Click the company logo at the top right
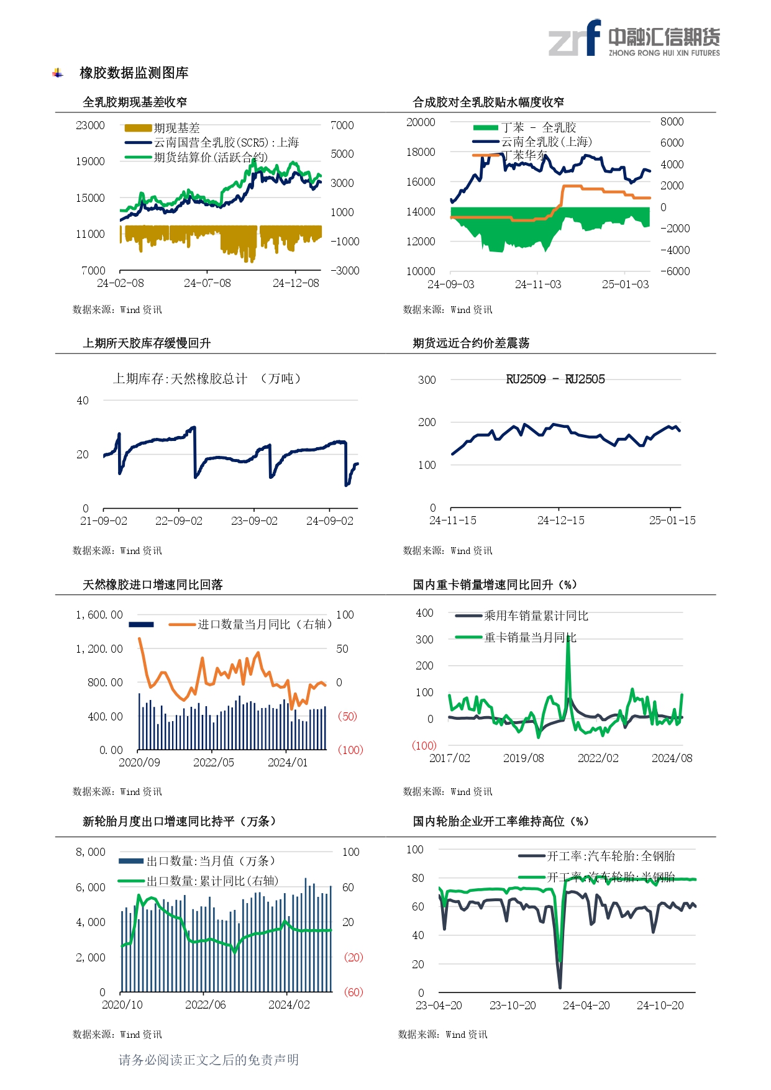pyautogui.click(x=634, y=39)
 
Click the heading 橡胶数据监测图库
pyautogui.click(x=134, y=73)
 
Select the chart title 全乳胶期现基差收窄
pyautogui.click(x=135, y=102)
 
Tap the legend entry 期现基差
pyautogui.click(x=176, y=128)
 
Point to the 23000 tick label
pyautogui.click(x=90, y=125)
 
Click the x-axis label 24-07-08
pyautogui.click(x=207, y=283)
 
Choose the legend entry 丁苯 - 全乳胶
pyautogui.click(x=538, y=127)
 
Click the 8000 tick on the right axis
pyautogui.click(x=672, y=122)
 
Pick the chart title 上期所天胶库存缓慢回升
pyautogui.click(x=147, y=343)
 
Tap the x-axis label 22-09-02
pyautogui.click(x=178, y=521)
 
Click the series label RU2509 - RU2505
pyautogui.click(x=555, y=379)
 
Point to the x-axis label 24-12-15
pyautogui.click(x=560, y=520)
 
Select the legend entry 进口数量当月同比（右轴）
pyautogui.click(x=264, y=624)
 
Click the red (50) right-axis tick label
pyautogui.click(x=347, y=716)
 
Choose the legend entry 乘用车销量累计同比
pyautogui.click(x=536, y=615)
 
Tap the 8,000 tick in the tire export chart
pyautogui.click(x=91, y=852)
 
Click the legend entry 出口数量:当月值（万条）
pyautogui.click(x=210, y=861)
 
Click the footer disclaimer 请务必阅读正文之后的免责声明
pyautogui.click(x=209, y=1060)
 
